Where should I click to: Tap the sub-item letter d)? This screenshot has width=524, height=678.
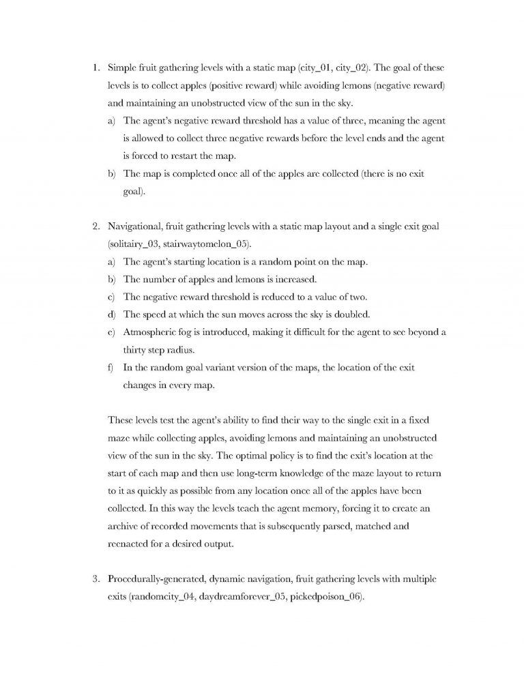point(111,314)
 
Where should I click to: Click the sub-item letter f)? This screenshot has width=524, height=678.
point(111,367)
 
